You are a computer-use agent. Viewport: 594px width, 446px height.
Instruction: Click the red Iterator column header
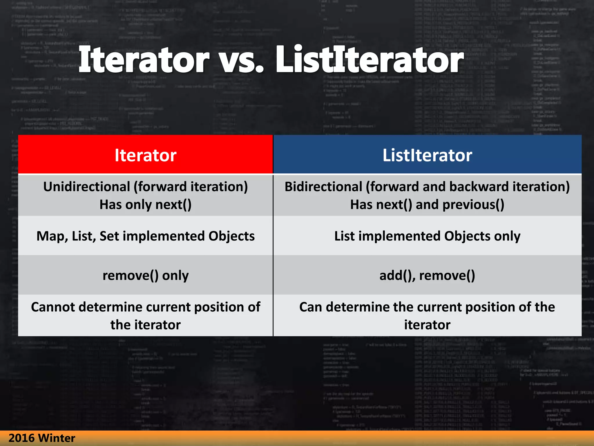[x=145, y=155]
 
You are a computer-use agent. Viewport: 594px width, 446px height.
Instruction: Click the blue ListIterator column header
[x=427, y=155]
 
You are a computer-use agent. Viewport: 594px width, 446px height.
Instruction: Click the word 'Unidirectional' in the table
[x=86, y=187]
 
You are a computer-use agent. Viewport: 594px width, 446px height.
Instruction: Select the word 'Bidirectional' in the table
[x=323, y=187]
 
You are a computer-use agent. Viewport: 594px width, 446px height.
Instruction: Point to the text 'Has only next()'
[x=145, y=205]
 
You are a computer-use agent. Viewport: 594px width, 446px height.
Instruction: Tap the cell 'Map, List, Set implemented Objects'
[x=145, y=236]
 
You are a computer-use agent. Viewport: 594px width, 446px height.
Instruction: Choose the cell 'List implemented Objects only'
[x=427, y=236]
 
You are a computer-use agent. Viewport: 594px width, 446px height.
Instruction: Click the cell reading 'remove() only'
[x=145, y=275]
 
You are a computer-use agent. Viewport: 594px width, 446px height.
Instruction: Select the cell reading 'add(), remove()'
[x=427, y=275]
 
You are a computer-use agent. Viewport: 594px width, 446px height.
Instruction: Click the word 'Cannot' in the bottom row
[x=53, y=307]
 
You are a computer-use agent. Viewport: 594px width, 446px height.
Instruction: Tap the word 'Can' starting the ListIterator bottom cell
[x=311, y=307]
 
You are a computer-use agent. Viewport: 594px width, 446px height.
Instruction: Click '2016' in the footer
[x=21, y=438]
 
